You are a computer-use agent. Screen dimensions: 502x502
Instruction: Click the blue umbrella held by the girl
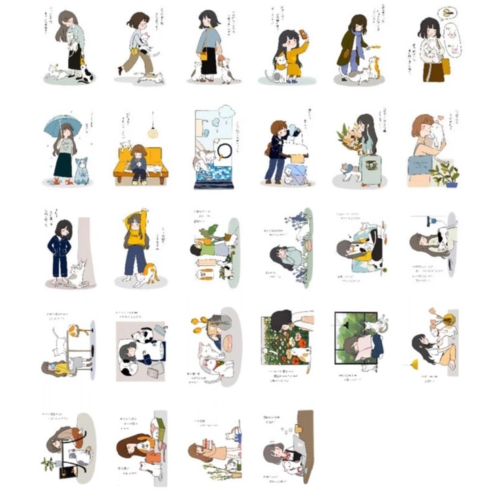[62, 124]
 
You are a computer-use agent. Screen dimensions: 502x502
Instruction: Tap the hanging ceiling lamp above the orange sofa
[152, 133]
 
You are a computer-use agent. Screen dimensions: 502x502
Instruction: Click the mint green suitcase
[370, 170]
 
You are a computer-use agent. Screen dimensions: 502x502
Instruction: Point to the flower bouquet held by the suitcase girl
[349, 139]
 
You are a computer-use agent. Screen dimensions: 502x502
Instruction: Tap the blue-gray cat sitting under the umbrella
[81, 170]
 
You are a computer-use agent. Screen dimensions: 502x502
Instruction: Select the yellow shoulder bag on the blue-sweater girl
[203, 56]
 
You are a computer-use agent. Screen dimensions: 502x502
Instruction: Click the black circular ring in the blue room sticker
[223, 150]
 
